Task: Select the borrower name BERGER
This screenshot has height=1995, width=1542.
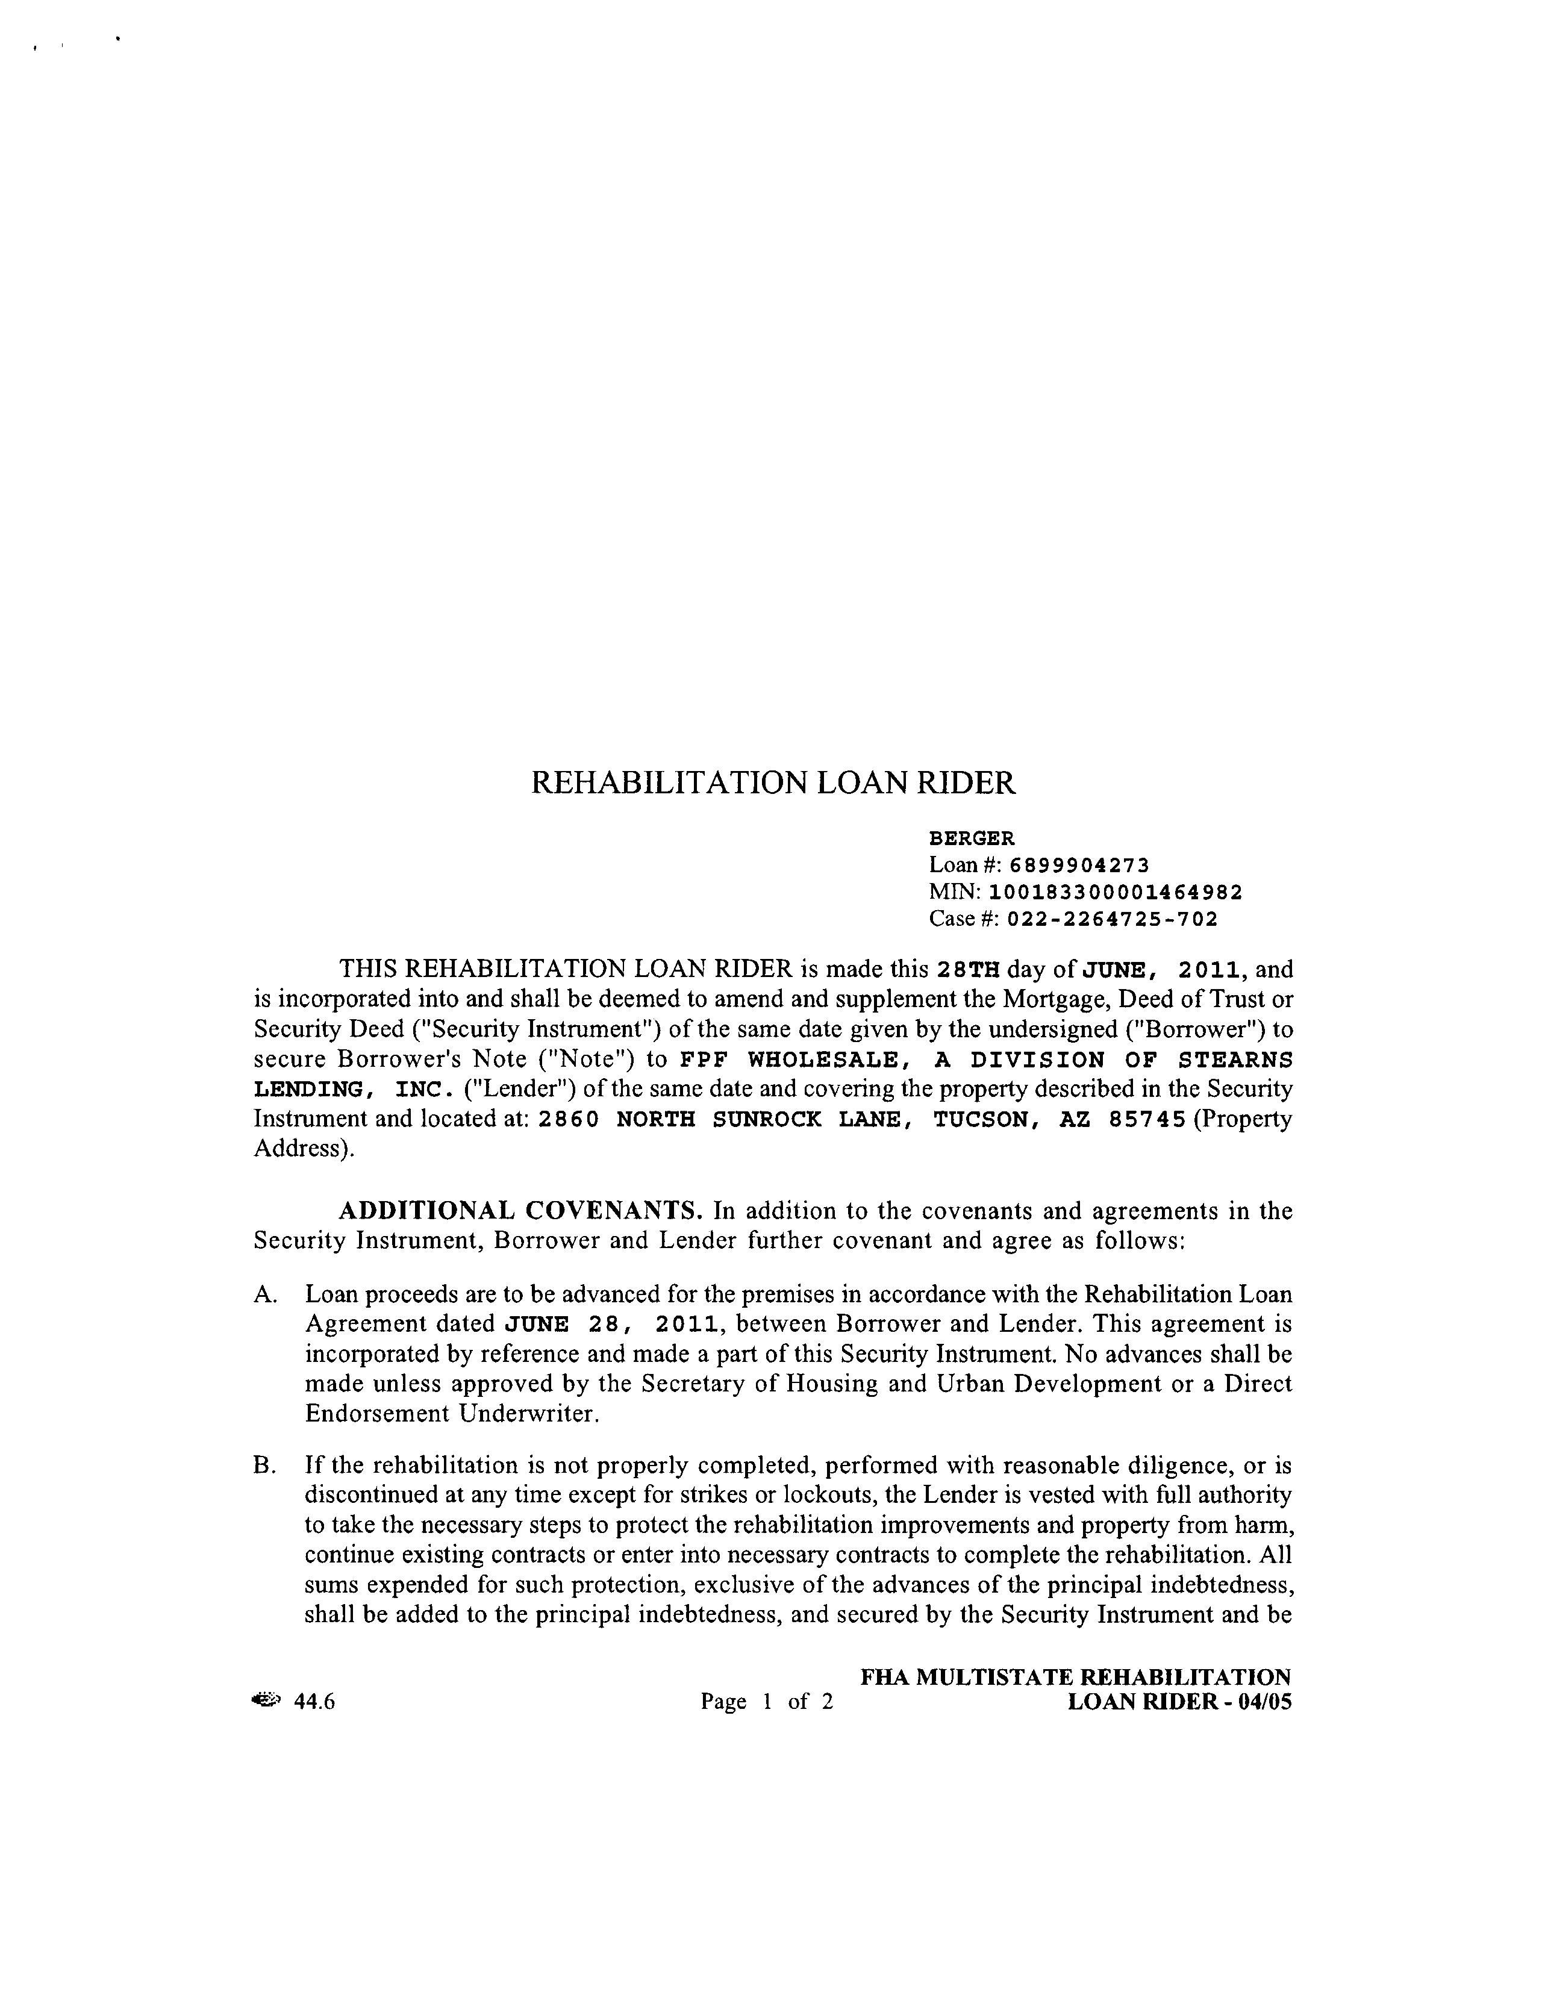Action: pyautogui.click(x=971, y=838)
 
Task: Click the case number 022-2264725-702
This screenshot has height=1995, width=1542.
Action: pyautogui.click(x=1112, y=919)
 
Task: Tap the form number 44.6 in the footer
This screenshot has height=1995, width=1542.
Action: pyautogui.click(x=314, y=1702)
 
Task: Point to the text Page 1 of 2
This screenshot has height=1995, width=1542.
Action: pyautogui.click(x=766, y=1702)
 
